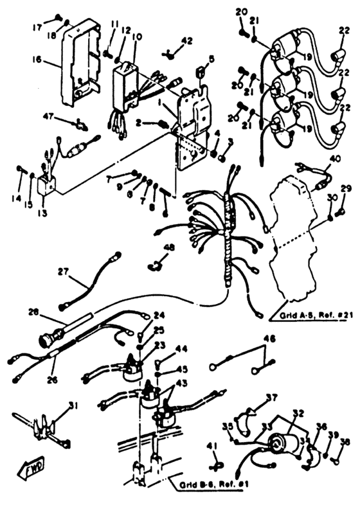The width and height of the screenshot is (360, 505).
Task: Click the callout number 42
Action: (x=186, y=40)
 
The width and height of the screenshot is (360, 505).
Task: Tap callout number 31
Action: (x=73, y=405)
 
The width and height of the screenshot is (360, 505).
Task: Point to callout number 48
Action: (x=168, y=247)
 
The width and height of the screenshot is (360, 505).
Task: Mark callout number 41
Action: (x=212, y=446)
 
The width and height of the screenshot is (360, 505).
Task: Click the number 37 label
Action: (x=272, y=397)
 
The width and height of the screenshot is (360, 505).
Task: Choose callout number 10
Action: (x=136, y=37)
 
